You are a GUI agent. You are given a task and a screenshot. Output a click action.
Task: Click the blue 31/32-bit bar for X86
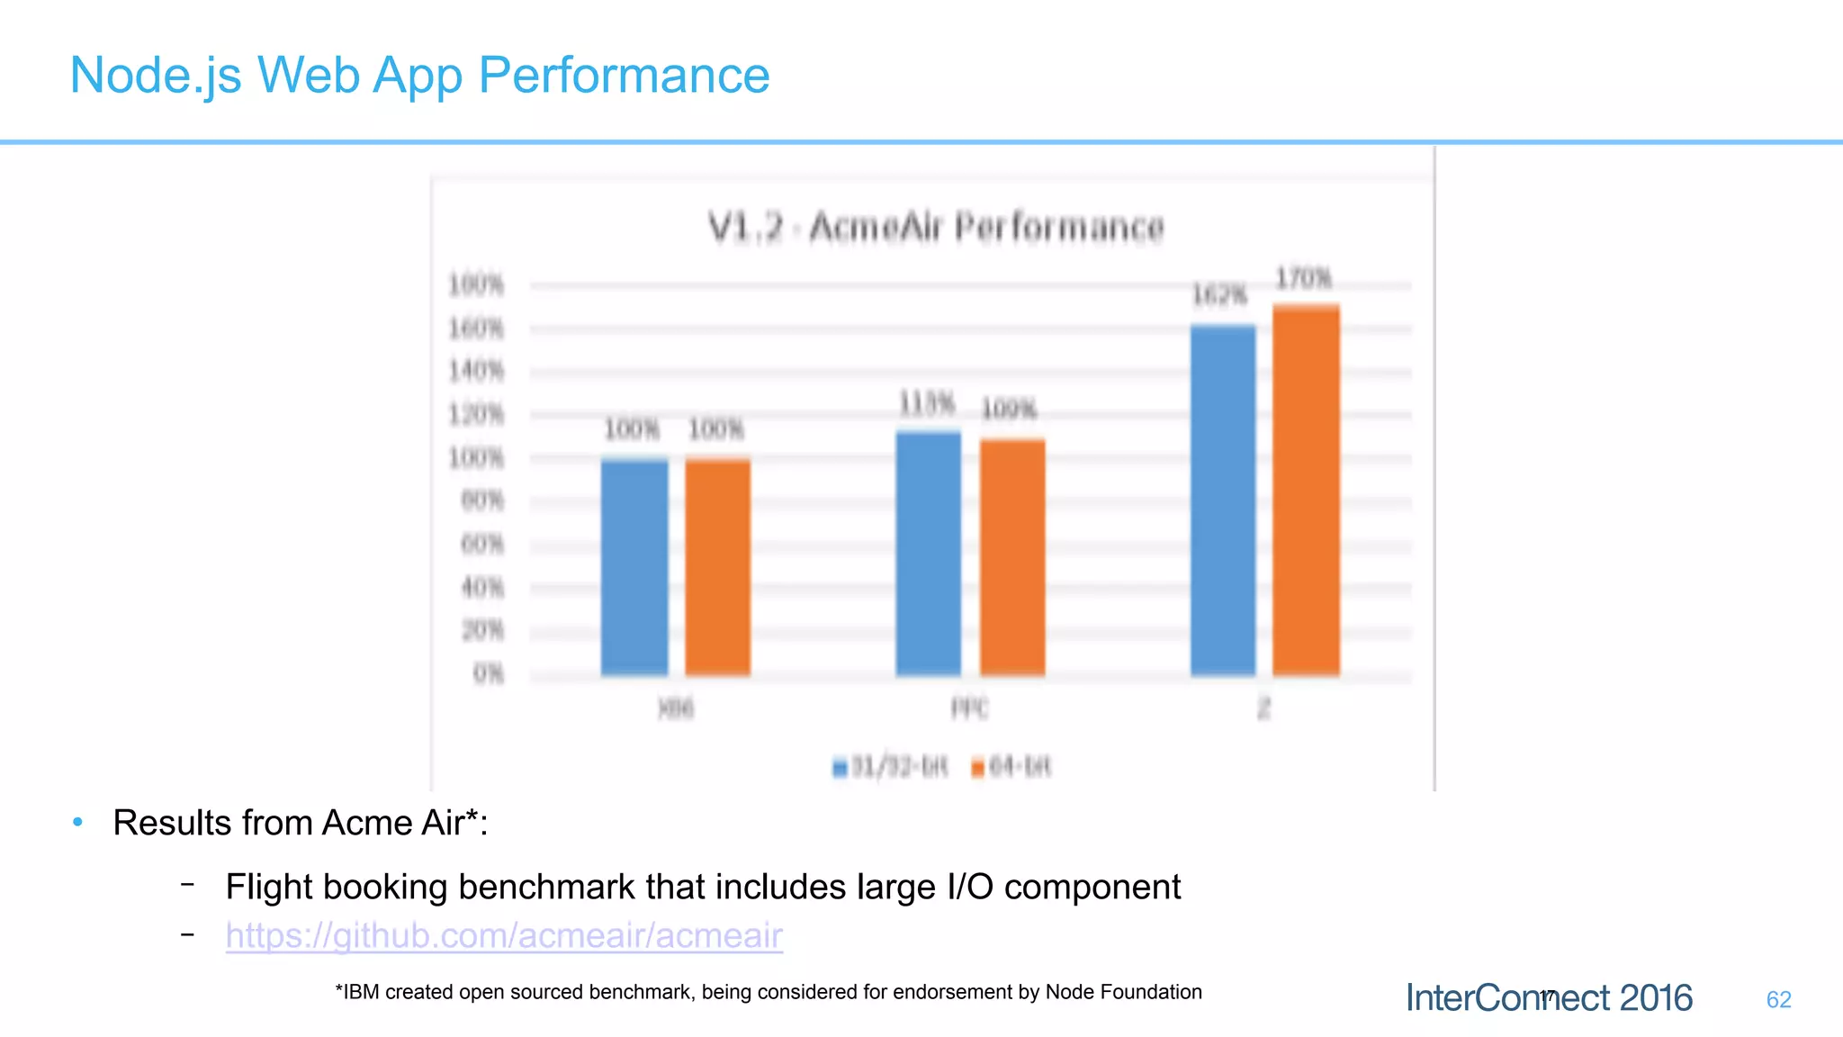[x=634, y=567]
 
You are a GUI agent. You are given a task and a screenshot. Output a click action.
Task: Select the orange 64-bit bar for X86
[x=717, y=567]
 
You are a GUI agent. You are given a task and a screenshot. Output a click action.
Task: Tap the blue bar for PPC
[x=929, y=554]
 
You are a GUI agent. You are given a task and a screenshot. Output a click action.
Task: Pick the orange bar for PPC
[x=1012, y=558]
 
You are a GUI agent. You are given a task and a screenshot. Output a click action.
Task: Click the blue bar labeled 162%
[x=1223, y=500]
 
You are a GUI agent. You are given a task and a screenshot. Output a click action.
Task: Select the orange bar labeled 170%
[x=1306, y=491]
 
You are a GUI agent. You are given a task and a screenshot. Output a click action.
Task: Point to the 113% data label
[x=927, y=403]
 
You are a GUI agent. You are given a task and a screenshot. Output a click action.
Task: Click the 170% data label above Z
[x=1303, y=278]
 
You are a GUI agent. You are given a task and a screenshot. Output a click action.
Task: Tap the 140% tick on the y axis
[x=476, y=371]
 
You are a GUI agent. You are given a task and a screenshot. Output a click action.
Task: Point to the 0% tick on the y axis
[x=488, y=673]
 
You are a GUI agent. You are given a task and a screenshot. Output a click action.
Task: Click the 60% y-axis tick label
[x=481, y=544]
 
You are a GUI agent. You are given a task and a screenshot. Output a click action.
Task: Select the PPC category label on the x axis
[x=970, y=709]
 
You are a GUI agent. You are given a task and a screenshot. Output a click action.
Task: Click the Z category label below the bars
[x=1264, y=709]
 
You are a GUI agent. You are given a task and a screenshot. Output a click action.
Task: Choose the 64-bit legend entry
[x=1011, y=767]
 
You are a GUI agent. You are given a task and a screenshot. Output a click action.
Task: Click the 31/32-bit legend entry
[x=891, y=767]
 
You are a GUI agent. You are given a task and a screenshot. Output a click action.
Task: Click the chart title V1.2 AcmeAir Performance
[x=936, y=227]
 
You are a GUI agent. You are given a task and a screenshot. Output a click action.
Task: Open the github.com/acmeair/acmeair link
[x=504, y=935]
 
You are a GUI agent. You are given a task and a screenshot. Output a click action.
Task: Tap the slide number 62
[x=1778, y=999]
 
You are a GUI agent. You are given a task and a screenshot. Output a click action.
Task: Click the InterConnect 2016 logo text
[x=1548, y=998]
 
